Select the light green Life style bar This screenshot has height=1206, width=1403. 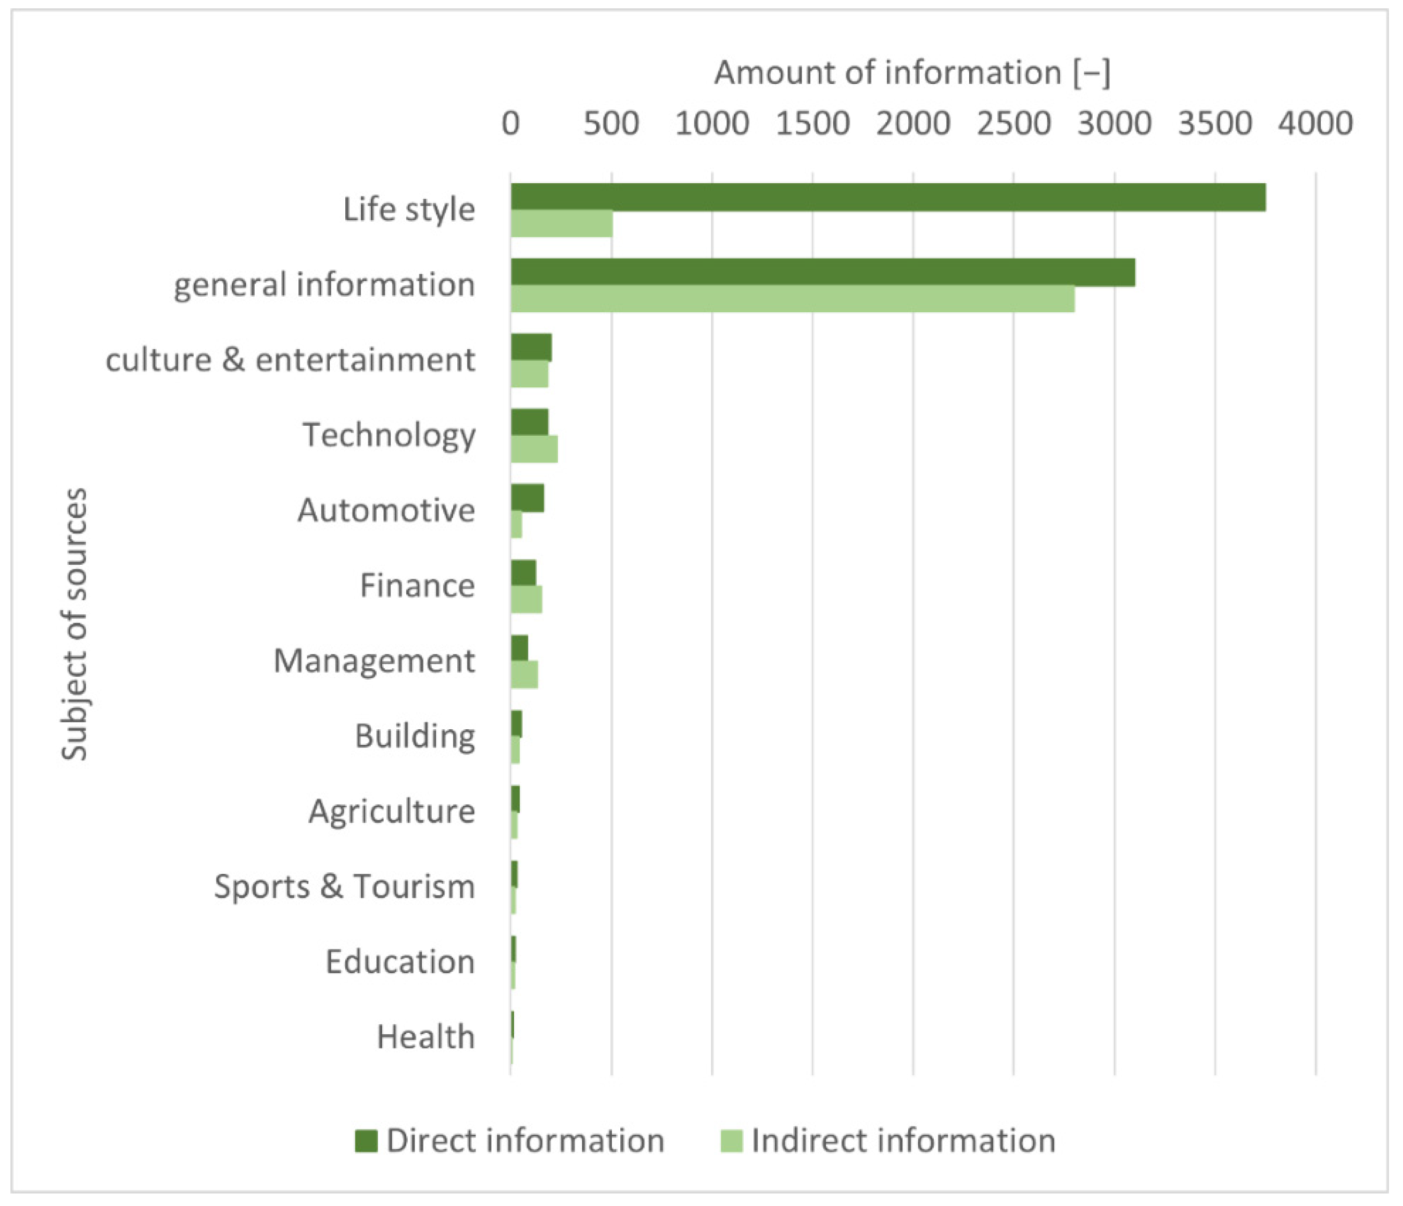(561, 224)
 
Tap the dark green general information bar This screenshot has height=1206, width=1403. (823, 272)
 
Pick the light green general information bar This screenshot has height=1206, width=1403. (792, 298)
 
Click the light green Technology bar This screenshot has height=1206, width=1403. (534, 449)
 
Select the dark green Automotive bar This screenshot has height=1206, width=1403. (527, 498)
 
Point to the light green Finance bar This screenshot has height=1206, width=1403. (526, 600)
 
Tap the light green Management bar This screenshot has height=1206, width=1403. (524, 675)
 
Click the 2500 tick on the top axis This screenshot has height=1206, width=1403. (1013, 124)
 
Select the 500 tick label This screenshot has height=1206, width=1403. (611, 124)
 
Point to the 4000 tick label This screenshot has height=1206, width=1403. (1315, 124)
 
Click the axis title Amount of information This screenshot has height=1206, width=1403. (911, 72)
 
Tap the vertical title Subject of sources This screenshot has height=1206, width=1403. (74, 624)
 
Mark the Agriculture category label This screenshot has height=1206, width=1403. (392, 811)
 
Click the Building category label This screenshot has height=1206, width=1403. (415, 735)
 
